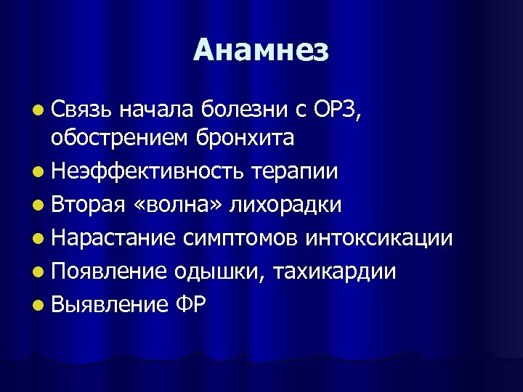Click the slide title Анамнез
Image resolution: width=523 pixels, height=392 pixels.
261,51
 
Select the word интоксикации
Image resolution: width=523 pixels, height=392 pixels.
380,238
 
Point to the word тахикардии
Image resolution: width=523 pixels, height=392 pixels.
341,272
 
